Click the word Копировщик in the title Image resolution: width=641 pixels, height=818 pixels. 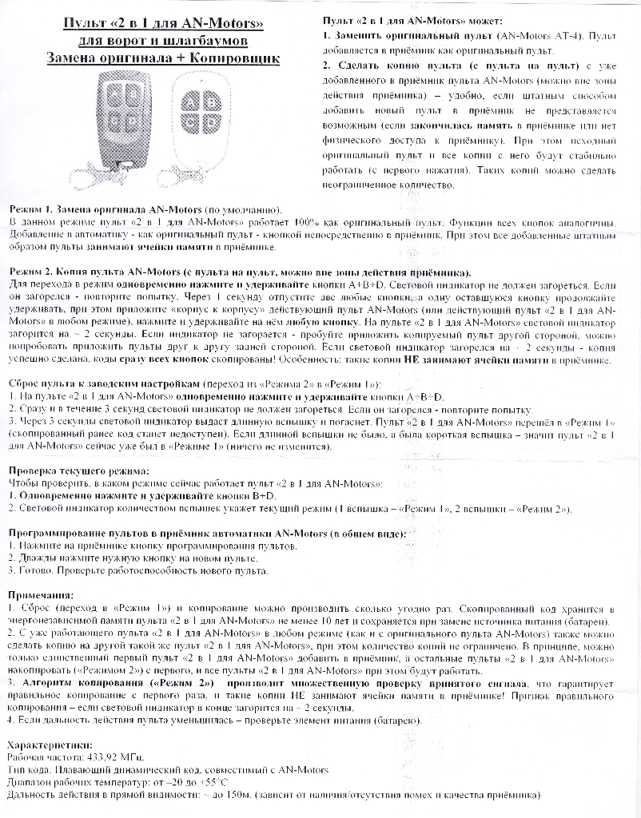[x=234, y=58]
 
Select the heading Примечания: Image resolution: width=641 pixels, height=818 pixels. [x=40, y=596]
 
